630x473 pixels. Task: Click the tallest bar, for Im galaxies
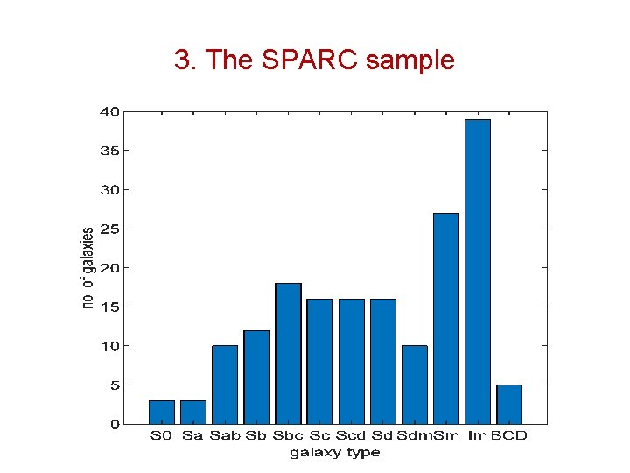coord(478,272)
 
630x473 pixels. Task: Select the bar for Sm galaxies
coord(446,319)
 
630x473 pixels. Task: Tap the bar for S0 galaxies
coord(162,412)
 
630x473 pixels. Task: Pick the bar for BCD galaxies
coord(509,404)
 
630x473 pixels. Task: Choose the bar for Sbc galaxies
coord(288,354)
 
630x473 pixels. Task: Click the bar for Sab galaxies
coord(225,385)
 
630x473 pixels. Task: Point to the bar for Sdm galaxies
coord(415,385)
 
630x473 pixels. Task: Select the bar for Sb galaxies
coord(256,377)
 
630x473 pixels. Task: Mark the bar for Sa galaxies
coord(193,412)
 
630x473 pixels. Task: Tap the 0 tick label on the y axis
coord(115,424)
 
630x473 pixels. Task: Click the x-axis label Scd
coord(351,436)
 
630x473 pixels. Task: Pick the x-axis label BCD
coord(510,436)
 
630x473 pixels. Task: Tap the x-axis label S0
coord(162,436)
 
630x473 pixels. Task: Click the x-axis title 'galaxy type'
coord(335,453)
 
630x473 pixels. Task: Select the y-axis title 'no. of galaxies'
coord(87,268)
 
